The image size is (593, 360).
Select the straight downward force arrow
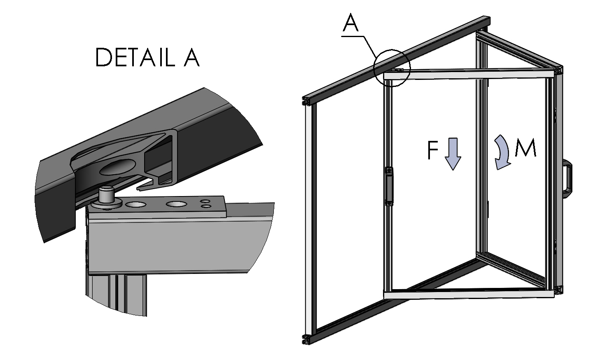pos(453,154)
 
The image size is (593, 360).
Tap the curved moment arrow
pos(503,152)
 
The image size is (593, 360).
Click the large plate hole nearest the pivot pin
pos(135,204)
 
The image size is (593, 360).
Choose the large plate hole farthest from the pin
pos(176,203)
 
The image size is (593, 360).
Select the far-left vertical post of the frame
pos(310,218)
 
